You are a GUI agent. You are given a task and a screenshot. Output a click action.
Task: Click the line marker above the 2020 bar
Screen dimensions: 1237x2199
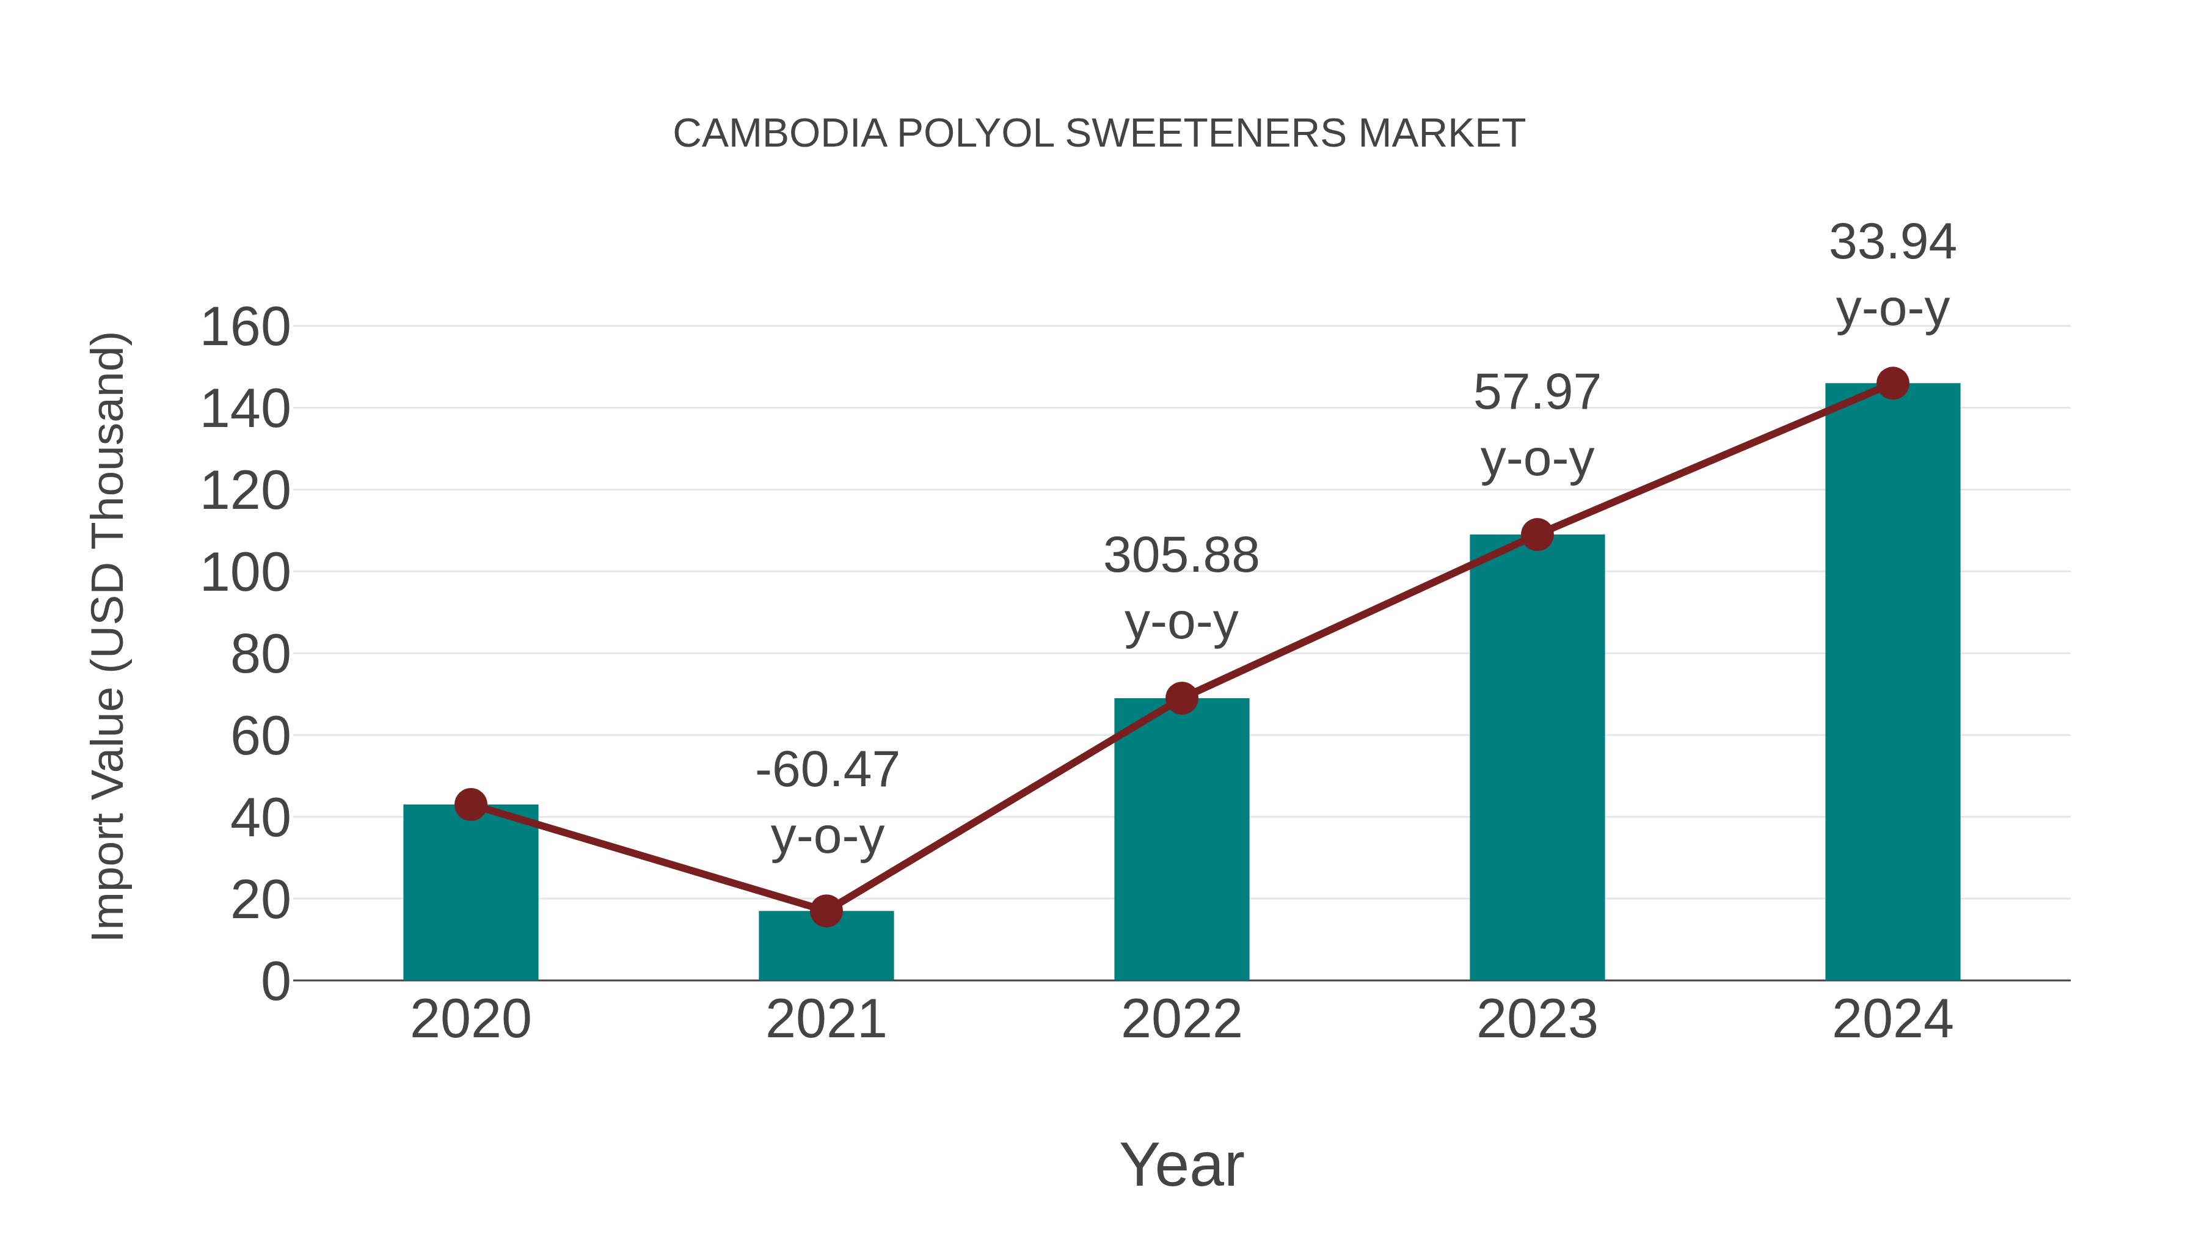470,804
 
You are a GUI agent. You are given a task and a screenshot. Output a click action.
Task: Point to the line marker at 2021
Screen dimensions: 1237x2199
825,911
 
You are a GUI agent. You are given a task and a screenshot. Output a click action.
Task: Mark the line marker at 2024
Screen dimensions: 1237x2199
1892,383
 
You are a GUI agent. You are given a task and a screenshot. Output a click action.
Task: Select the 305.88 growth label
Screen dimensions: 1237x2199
1181,556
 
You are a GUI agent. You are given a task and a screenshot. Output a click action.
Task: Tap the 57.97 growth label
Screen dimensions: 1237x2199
1537,393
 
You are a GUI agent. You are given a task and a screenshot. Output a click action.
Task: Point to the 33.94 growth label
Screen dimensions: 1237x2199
1892,243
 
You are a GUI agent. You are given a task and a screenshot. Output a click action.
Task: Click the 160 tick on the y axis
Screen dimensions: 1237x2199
245,328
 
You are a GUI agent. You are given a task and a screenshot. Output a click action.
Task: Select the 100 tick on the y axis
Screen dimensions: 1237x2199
245,574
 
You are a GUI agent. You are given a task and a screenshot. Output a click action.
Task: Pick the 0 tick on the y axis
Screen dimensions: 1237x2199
275,982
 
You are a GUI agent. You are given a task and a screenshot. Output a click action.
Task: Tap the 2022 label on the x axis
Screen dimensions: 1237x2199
1181,1020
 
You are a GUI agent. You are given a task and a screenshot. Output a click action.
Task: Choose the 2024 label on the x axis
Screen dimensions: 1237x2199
1892,1020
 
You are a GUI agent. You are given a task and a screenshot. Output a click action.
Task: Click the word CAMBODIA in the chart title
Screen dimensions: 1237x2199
780,134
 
